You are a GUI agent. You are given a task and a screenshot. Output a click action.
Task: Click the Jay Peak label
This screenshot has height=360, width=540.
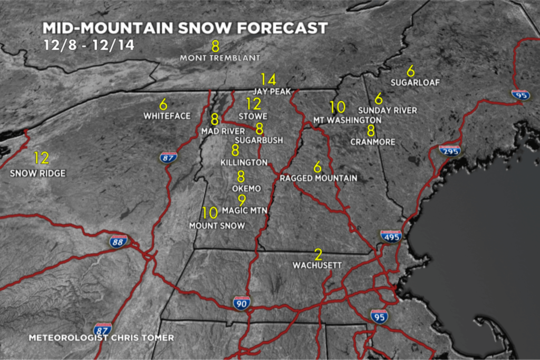point(272,92)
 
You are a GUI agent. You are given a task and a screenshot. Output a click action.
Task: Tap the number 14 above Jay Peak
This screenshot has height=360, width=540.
point(268,80)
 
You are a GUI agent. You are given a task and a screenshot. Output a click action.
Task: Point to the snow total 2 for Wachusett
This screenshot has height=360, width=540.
point(318,255)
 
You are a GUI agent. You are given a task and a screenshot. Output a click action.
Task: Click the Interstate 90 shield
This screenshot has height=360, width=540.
point(242,303)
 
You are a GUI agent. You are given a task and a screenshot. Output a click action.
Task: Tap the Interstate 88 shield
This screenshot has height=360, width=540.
point(119,241)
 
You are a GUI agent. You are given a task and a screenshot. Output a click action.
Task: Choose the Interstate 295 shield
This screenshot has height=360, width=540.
point(450,151)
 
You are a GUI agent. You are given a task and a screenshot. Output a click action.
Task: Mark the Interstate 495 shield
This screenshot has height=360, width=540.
point(391,236)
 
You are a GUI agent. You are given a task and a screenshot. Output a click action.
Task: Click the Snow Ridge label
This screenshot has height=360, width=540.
point(38,173)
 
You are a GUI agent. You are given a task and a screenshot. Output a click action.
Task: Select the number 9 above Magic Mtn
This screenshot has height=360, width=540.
point(242,200)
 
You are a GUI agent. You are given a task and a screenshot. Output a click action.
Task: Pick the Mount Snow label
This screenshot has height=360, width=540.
point(217,226)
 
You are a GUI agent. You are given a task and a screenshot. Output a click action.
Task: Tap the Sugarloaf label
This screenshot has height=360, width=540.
point(415,83)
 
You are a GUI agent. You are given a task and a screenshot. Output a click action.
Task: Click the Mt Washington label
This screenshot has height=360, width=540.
point(347,120)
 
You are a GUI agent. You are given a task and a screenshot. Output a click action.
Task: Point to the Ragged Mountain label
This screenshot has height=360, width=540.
point(318,178)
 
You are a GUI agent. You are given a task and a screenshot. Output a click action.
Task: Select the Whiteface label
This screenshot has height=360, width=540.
point(167,116)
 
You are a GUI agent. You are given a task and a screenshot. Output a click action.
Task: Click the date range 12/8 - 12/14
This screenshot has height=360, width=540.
point(89,45)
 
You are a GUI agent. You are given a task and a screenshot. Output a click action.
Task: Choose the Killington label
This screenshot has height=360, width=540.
point(244,162)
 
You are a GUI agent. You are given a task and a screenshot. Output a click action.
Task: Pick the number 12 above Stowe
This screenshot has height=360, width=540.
point(254,104)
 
